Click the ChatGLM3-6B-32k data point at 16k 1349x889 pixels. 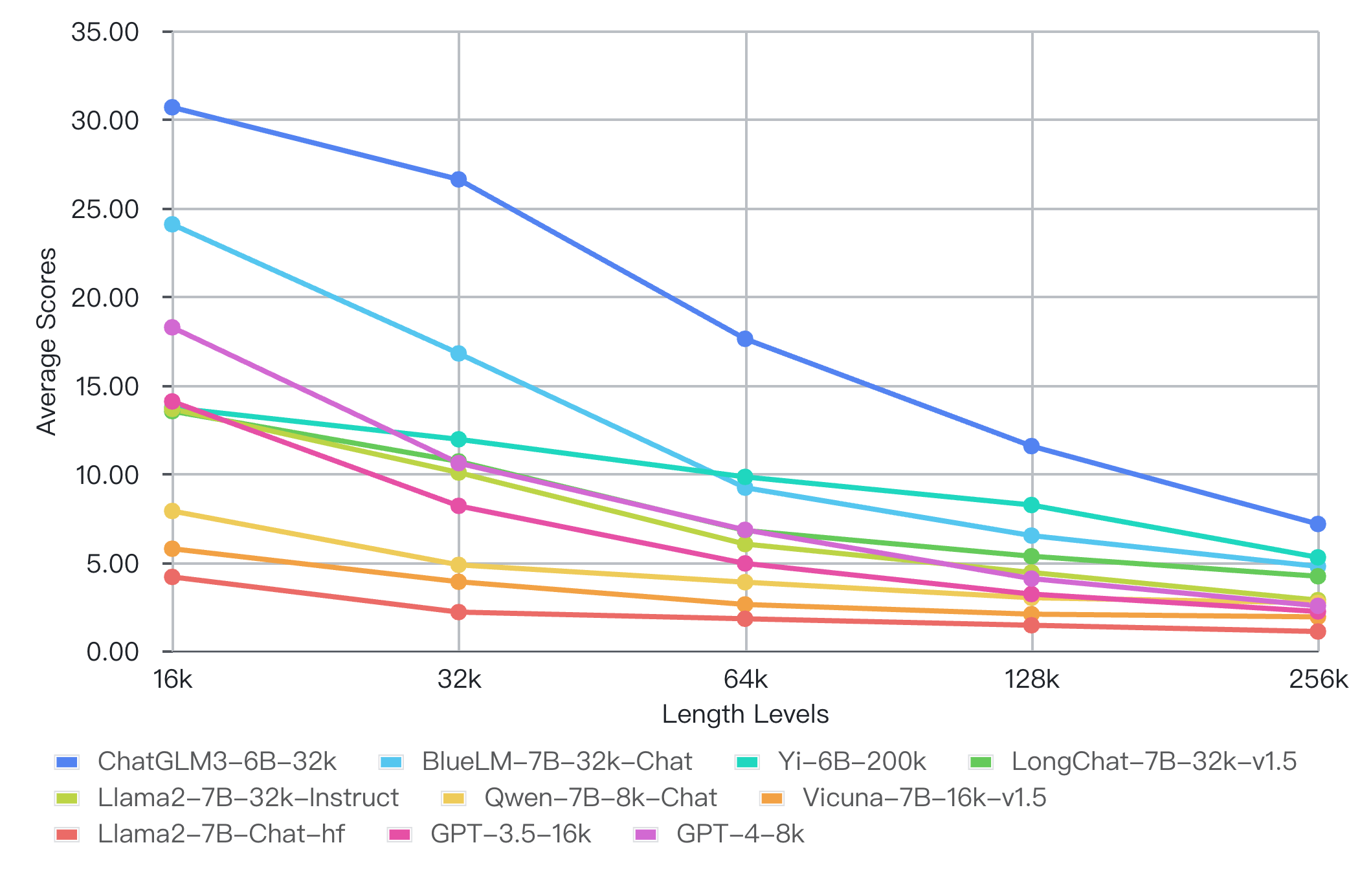172,107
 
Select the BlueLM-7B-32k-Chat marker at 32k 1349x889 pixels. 458,353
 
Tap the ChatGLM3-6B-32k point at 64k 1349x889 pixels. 745,339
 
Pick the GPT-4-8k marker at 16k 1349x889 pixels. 172,327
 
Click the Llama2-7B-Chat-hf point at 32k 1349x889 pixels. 458,612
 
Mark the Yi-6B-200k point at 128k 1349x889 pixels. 1032,505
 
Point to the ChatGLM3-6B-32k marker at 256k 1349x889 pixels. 1318,524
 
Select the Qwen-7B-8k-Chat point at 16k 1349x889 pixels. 172,511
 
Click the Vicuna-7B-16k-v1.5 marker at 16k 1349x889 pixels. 172,549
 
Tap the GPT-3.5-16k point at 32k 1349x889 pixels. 458,506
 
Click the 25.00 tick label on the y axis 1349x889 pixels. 105,210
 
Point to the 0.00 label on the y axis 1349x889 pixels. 113,652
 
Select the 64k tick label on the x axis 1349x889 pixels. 745,680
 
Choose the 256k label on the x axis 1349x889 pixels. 1318,680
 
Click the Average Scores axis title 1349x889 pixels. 47,341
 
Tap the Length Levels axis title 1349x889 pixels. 745,715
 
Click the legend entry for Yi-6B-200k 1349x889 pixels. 852,762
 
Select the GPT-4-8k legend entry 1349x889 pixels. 740,835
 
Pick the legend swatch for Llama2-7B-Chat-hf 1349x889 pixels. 67,835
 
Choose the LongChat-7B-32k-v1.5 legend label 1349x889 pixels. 1154,762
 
